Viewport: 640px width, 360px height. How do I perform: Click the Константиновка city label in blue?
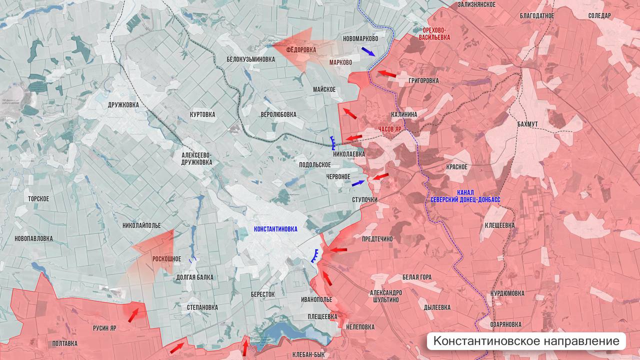[x=275, y=229]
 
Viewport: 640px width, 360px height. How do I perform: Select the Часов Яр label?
[x=389, y=129]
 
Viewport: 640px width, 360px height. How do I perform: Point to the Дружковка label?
[x=123, y=105]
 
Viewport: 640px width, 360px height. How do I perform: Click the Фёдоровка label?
[x=301, y=50]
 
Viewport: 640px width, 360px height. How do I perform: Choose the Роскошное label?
[x=167, y=259]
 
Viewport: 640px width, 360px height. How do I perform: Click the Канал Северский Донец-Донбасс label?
[x=465, y=196]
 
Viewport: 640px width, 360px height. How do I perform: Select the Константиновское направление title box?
[x=526, y=341]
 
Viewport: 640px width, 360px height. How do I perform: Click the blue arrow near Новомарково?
[x=368, y=51]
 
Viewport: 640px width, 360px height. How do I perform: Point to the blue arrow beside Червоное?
[x=358, y=183]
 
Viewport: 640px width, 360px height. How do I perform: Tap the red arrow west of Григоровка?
[x=386, y=74]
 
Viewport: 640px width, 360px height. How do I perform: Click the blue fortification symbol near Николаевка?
[x=332, y=143]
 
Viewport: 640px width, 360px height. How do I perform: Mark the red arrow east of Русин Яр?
[x=133, y=315]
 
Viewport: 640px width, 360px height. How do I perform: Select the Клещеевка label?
[x=499, y=225]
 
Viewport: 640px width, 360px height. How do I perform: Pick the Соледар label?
[x=599, y=16]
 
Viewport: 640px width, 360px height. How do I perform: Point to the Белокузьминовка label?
[x=250, y=59]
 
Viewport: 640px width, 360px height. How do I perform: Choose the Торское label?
[x=38, y=198]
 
